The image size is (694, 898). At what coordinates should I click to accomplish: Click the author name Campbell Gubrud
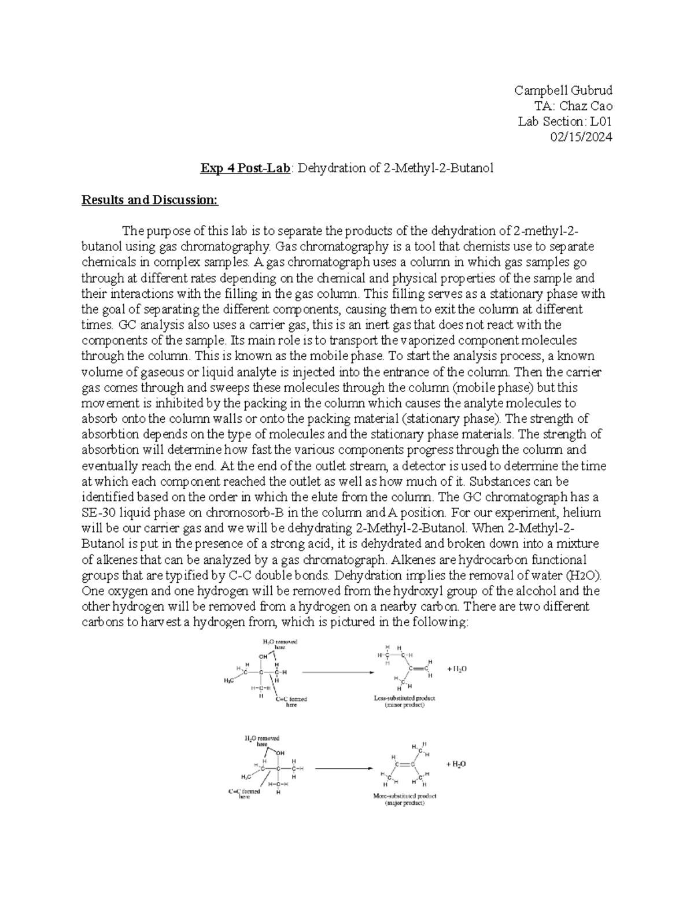563,90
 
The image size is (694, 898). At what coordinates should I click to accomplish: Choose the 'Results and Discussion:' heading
150,200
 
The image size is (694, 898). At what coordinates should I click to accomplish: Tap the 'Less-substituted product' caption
404,699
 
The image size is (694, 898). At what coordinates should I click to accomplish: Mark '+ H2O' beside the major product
456,764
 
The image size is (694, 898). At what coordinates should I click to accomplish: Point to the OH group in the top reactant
264,657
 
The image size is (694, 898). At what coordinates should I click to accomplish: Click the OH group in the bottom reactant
280,753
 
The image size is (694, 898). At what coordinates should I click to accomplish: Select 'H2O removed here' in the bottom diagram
263,741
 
